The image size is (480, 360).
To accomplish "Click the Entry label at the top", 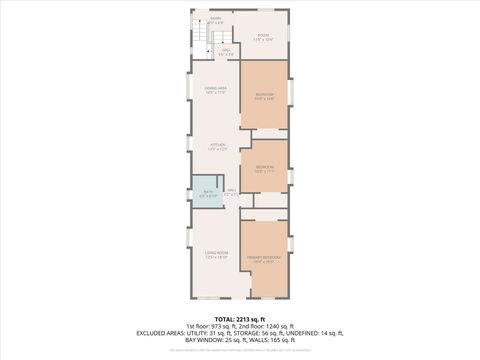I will [215, 19].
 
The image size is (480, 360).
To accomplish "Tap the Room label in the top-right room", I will [263, 37].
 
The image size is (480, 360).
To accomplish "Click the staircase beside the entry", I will [200, 41].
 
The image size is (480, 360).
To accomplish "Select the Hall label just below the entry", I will [227, 51].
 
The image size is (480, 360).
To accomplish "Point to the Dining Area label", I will [215, 91].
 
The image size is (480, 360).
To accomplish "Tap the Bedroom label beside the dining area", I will [264, 96].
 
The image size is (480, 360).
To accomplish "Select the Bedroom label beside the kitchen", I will [264, 168].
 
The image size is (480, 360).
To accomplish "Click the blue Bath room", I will [209, 194].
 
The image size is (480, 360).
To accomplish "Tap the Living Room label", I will [217, 255].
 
